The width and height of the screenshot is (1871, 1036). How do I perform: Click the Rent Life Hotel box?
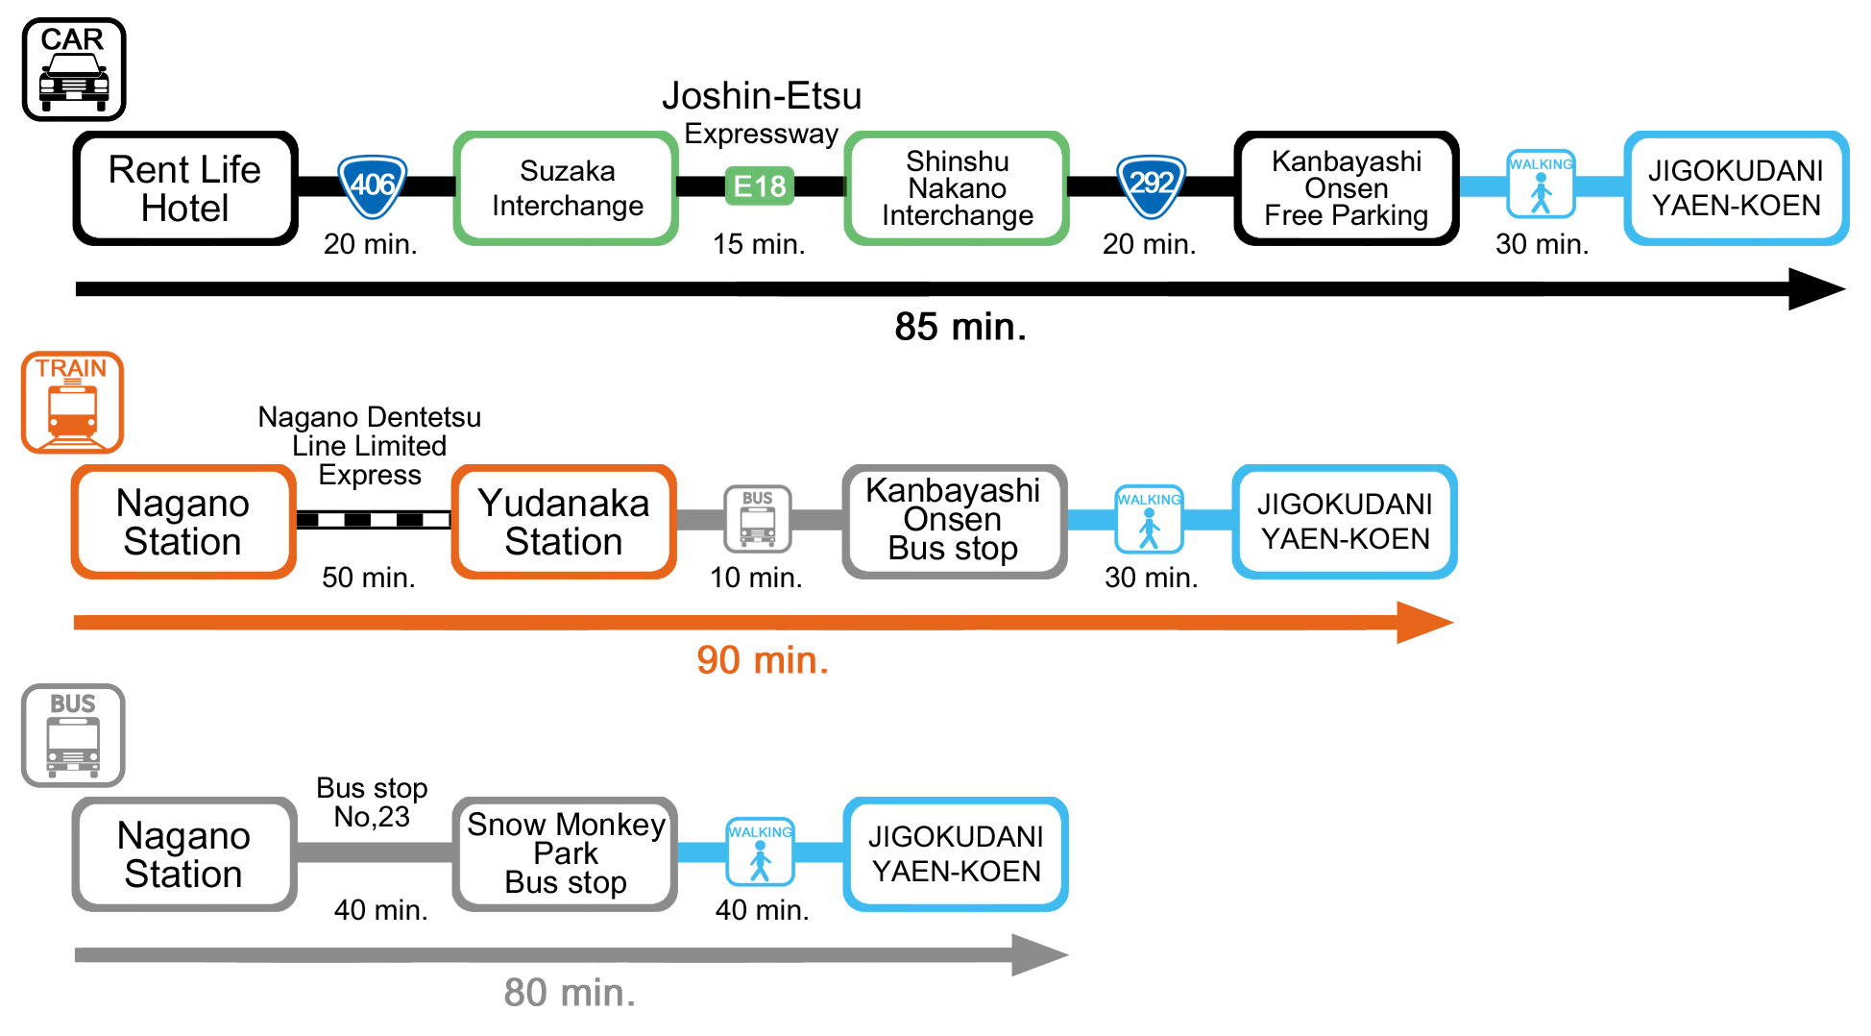[184, 188]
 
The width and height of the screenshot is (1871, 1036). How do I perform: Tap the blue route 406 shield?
[373, 185]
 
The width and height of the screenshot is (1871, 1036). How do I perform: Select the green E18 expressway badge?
[759, 185]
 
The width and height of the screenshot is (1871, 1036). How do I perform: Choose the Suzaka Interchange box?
[567, 188]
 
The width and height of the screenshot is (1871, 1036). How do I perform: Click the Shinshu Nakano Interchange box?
[957, 188]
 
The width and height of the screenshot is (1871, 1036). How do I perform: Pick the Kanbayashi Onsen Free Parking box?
[1346, 188]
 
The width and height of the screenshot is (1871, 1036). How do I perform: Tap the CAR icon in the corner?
[74, 69]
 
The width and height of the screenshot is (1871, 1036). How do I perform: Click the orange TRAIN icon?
[73, 402]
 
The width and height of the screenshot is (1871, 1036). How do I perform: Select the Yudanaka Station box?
[564, 522]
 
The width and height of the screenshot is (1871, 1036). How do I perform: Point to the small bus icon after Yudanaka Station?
[758, 519]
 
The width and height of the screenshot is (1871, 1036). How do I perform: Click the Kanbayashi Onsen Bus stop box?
[954, 521]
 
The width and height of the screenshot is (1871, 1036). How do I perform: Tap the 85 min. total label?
[960, 327]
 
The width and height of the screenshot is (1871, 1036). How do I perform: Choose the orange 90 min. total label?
[763, 660]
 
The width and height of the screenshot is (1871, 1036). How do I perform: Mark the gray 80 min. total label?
[570, 993]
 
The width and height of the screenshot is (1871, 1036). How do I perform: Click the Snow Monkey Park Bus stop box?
[566, 853]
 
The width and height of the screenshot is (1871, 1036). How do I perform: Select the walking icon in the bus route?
[760, 851]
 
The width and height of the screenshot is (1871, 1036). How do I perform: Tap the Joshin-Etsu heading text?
[762, 96]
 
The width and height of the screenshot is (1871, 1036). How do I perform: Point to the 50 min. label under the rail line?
[368, 578]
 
